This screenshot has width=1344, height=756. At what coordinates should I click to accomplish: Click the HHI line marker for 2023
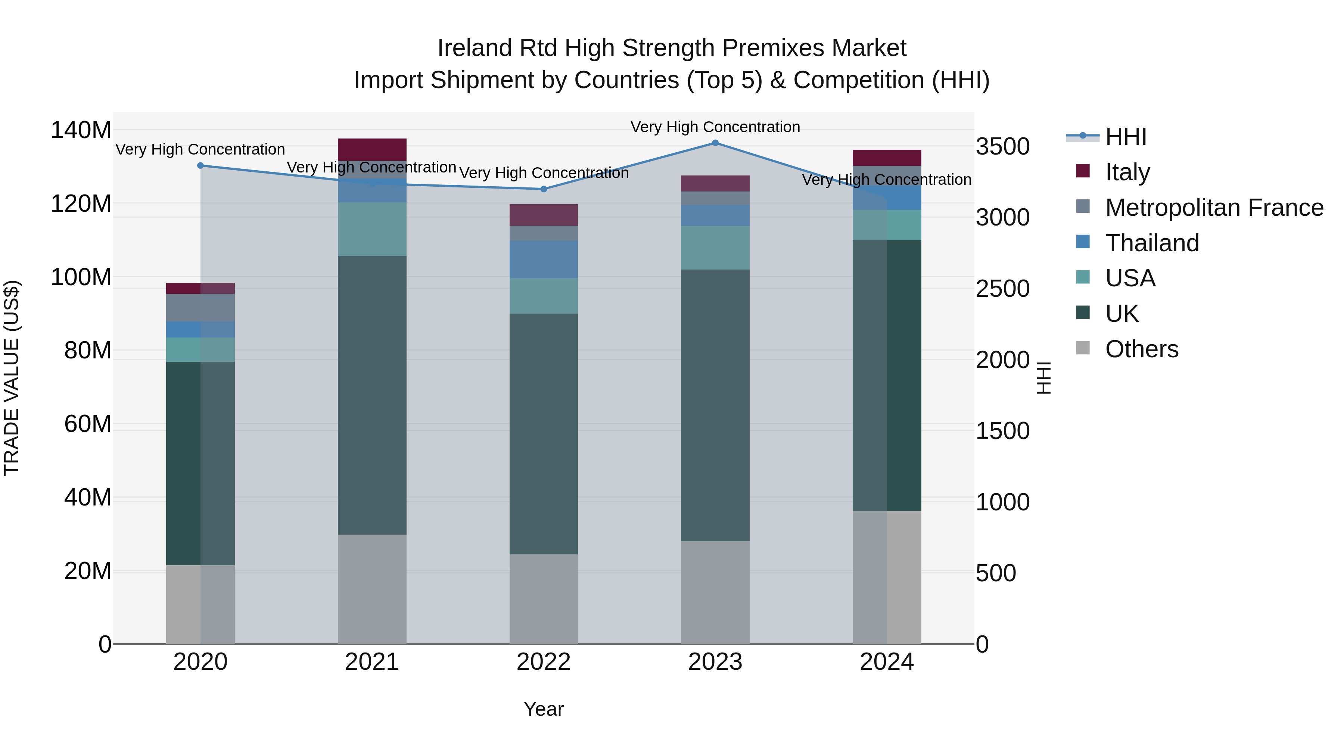715,143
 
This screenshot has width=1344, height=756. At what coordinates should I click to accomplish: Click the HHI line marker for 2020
200,165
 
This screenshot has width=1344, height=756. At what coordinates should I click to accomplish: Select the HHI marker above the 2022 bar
544,189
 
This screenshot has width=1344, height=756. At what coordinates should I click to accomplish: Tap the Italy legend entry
1127,172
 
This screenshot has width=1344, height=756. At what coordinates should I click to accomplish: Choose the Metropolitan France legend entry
1214,207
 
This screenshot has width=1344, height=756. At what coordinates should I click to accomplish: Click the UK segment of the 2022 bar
544,433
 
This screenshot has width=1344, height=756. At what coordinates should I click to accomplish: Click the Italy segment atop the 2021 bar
372,149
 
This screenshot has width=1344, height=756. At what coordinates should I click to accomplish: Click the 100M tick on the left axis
81,277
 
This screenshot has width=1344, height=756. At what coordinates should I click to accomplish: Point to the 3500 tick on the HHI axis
1002,147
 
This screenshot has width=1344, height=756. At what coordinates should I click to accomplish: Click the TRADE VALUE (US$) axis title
12,378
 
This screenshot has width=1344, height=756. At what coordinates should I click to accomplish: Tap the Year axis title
544,709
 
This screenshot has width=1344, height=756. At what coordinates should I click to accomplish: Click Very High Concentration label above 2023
715,127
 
